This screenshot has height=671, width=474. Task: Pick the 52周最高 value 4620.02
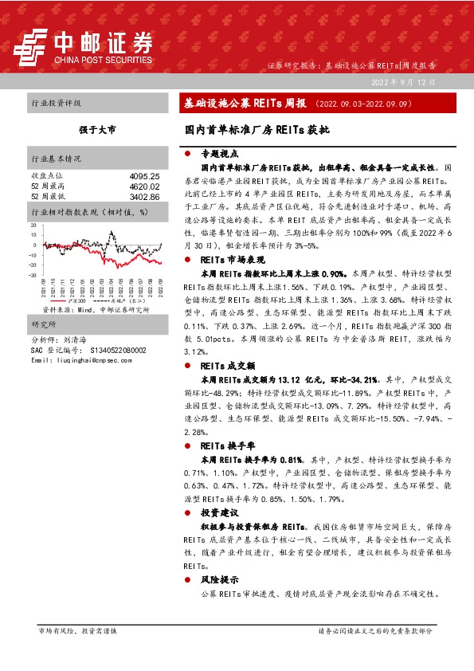tap(144, 186)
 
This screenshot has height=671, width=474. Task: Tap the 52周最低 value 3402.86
tap(144, 196)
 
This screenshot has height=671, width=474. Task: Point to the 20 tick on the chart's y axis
tap(36, 226)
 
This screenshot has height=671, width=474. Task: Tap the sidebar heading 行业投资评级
tap(56, 104)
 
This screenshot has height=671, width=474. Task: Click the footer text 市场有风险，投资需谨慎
tap(78, 630)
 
